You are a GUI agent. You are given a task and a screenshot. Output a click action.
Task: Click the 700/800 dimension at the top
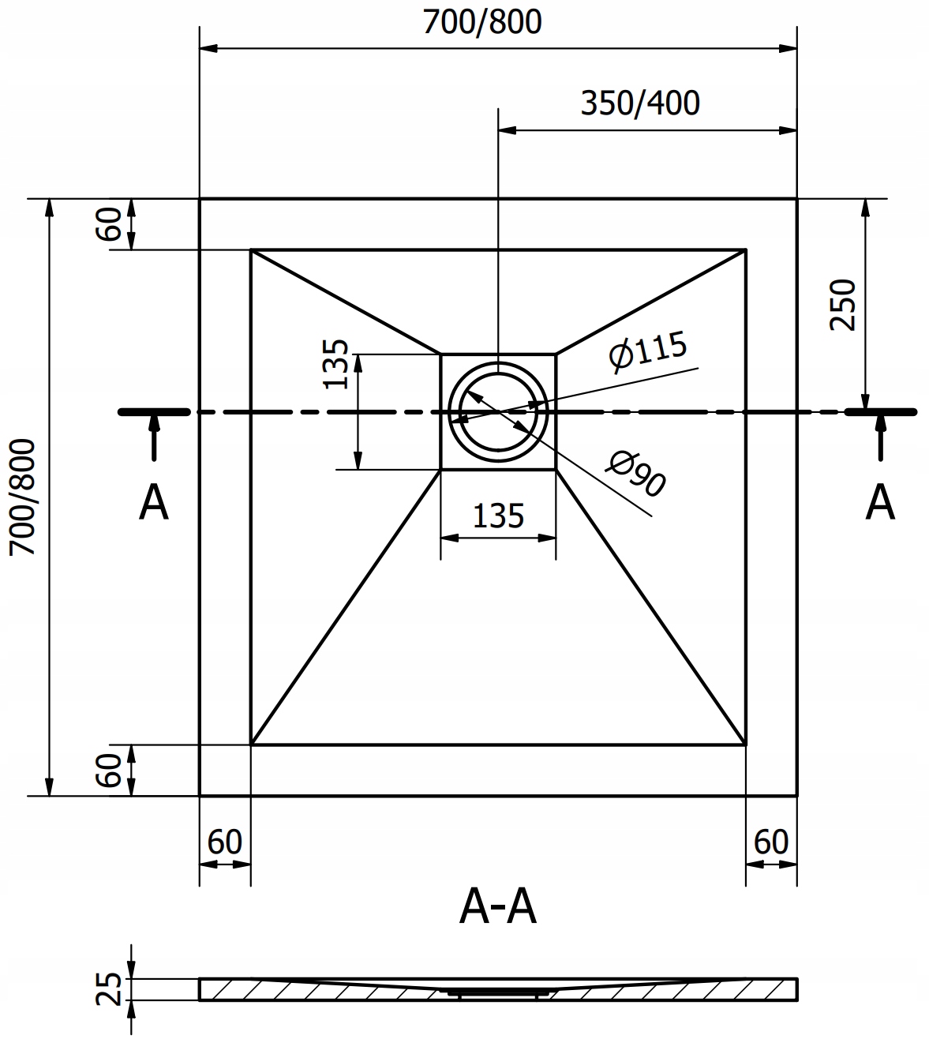coord(482,22)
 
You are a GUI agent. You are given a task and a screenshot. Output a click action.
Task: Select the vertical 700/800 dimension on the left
coord(23,497)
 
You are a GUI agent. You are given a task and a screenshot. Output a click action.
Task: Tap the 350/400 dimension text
coord(639,103)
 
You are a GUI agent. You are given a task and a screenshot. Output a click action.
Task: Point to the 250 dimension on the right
coord(842,305)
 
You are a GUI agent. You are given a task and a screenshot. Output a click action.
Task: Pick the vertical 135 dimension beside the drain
coord(337,364)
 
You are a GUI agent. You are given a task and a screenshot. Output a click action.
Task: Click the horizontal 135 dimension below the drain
coord(498,516)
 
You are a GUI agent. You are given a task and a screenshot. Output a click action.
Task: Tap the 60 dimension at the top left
coord(109,224)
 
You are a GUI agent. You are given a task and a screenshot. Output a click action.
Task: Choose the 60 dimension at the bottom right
coord(770,842)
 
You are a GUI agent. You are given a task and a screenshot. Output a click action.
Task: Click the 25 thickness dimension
coord(111,989)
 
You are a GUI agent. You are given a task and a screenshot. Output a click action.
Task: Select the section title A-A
coord(497,909)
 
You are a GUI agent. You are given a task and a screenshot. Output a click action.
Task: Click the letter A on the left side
coord(153,503)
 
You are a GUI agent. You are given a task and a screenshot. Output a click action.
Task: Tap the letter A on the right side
coord(880,503)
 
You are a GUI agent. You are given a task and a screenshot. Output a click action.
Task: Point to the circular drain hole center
coord(498,411)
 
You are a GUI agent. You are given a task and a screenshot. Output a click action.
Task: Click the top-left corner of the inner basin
coord(252,250)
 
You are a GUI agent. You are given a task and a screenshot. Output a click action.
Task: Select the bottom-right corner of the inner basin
coord(745,744)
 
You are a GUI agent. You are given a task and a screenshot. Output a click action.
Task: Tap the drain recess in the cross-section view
coord(498,993)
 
